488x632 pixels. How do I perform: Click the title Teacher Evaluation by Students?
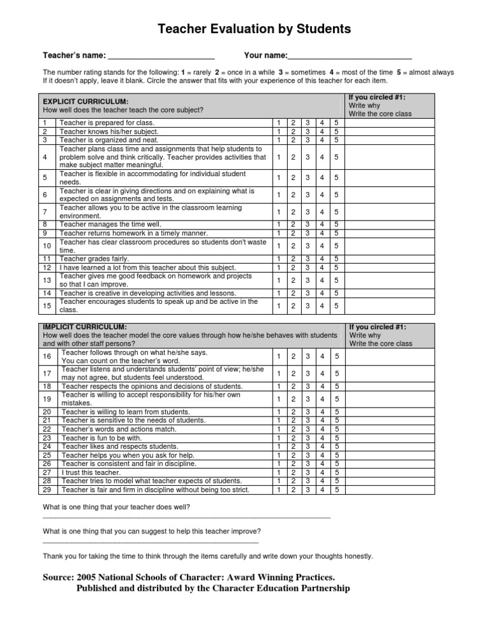pyautogui.click(x=245, y=29)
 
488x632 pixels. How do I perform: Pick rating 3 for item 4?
pyautogui.click(x=307, y=157)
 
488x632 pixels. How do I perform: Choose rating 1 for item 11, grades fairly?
pyautogui.click(x=277, y=259)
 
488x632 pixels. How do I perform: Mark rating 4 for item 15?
pyautogui.click(x=322, y=305)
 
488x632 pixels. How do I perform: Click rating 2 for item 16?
pyautogui.click(x=292, y=356)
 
